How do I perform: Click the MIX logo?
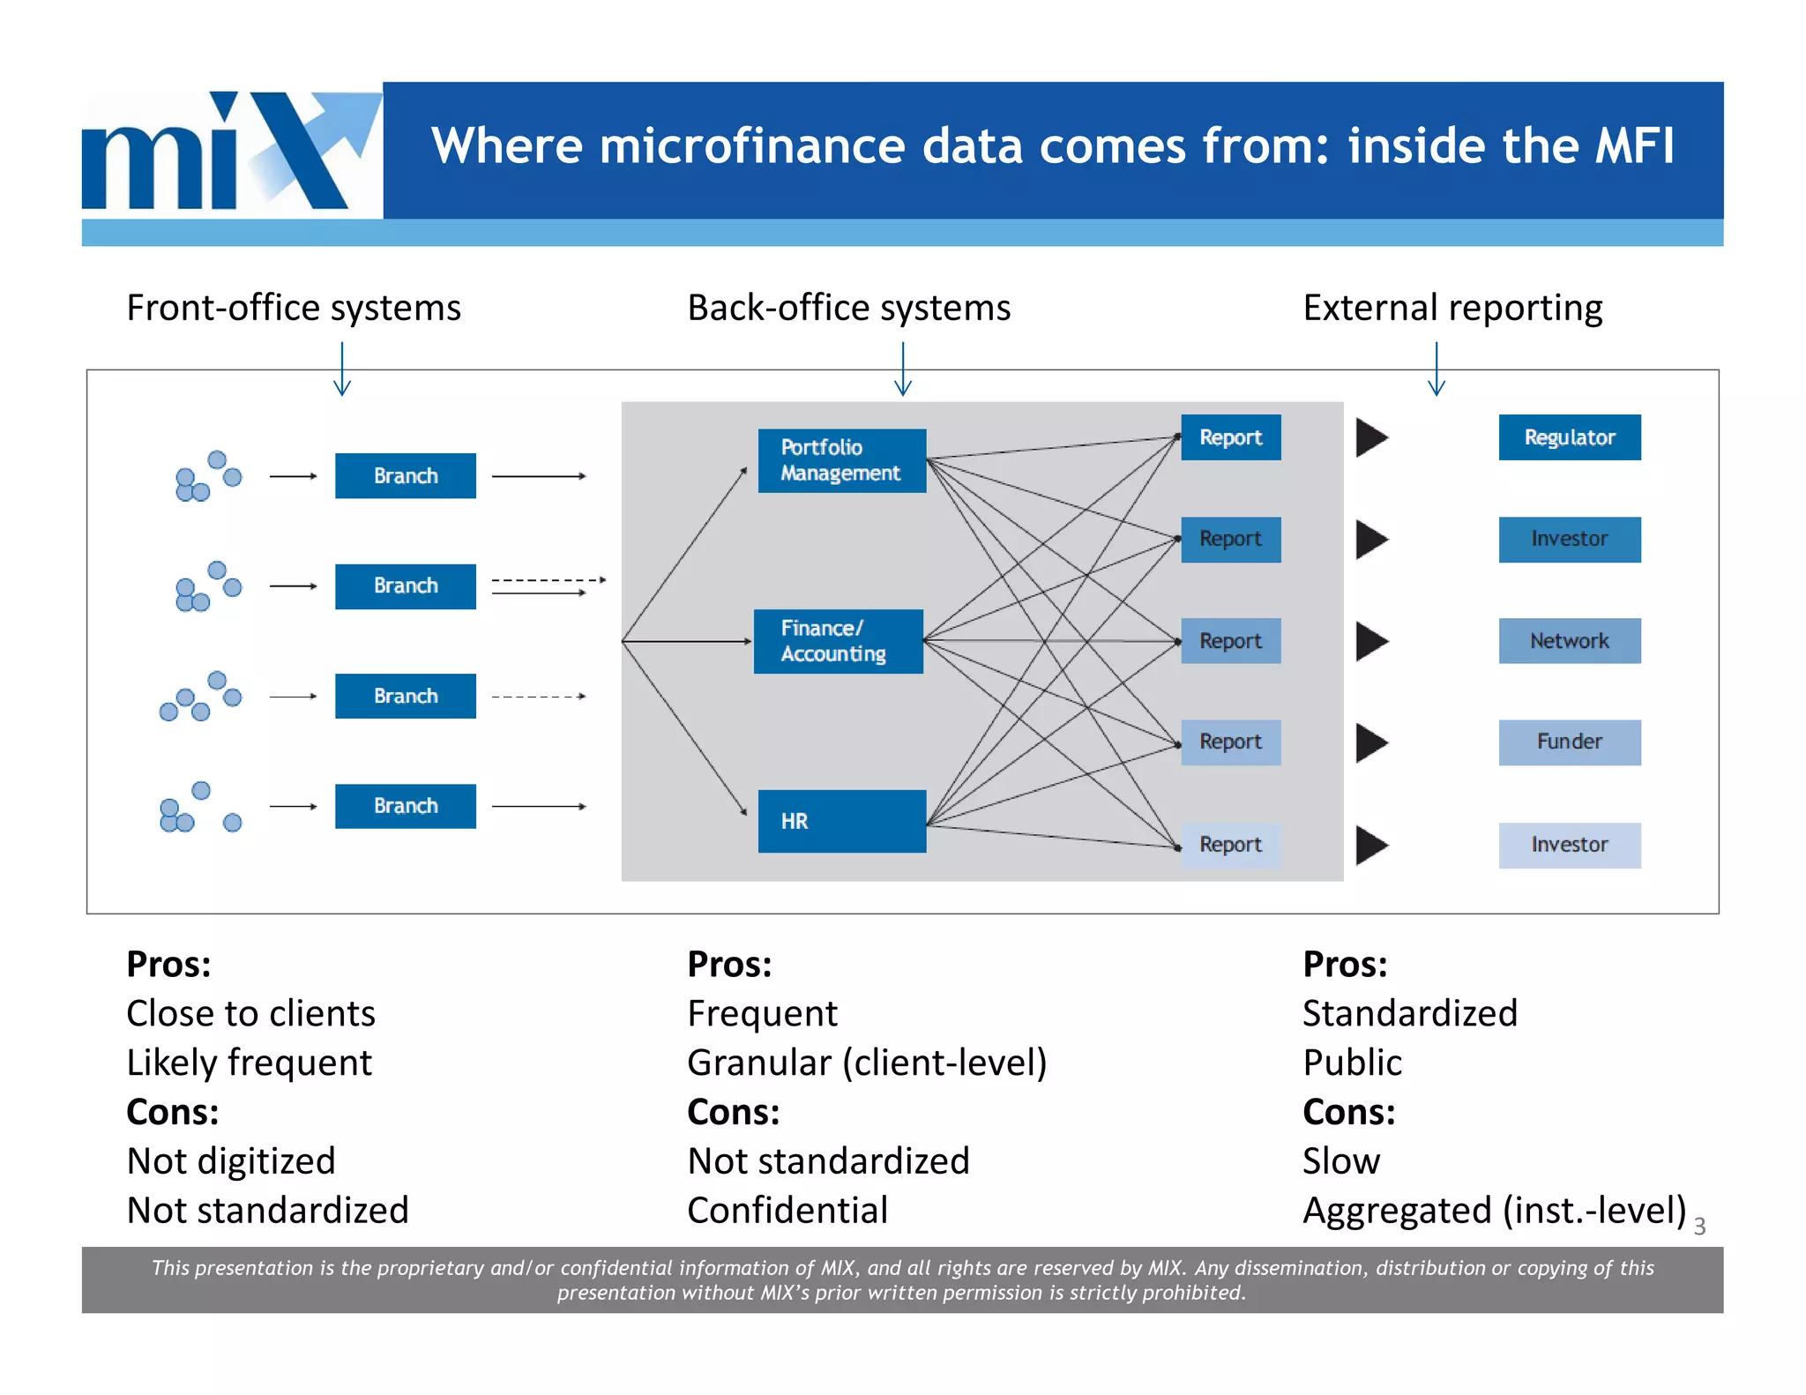click(231, 151)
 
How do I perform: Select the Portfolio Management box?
click(841, 460)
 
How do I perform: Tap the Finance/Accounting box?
click(838, 641)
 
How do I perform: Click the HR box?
click(841, 821)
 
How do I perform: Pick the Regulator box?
click(1569, 437)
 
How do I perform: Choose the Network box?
click(1569, 641)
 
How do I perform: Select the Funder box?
click(1569, 742)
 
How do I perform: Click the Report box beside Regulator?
click(1230, 437)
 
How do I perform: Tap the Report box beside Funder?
click(1230, 742)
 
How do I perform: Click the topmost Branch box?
click(405, 476)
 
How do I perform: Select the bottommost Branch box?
click(405, 806)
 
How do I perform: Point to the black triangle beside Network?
click(1371, 641)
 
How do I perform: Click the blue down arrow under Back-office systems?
click(902, 369)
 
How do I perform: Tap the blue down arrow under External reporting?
click(1436, 369)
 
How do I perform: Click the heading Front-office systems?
click(294, 308)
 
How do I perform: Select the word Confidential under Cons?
click(787, 1211)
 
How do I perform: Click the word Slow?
click(1341, 1161)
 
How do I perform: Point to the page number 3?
click(1699, 1227)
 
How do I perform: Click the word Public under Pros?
click(1352, 1063)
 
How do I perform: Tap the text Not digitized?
click(231, 1161)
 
